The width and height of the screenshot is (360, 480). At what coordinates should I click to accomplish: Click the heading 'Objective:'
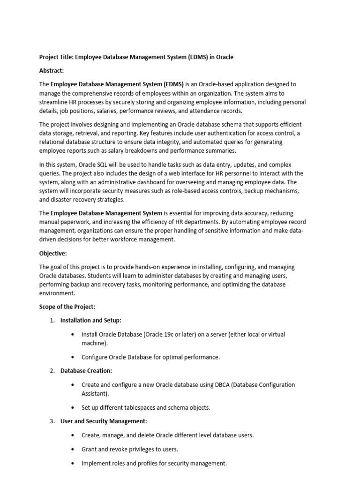tap(53, 254)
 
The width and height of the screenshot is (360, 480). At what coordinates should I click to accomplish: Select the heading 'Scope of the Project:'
tap(67, 307)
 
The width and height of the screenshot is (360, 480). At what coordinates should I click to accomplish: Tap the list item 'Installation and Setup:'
tap(91, 320)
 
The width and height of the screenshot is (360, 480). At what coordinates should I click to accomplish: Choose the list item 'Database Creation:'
tap(86, 371)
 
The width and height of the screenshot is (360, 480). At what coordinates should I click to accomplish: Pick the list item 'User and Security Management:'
tap(104, 421)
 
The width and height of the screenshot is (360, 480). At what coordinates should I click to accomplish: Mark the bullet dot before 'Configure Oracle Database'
tap(72, 357)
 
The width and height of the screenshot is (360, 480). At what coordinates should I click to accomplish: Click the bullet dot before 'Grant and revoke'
tap(72, 449)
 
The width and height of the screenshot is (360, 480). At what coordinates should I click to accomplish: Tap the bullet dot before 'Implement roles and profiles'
tap(72, 463)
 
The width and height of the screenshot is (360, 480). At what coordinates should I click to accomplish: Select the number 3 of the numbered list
tap(52, 421)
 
